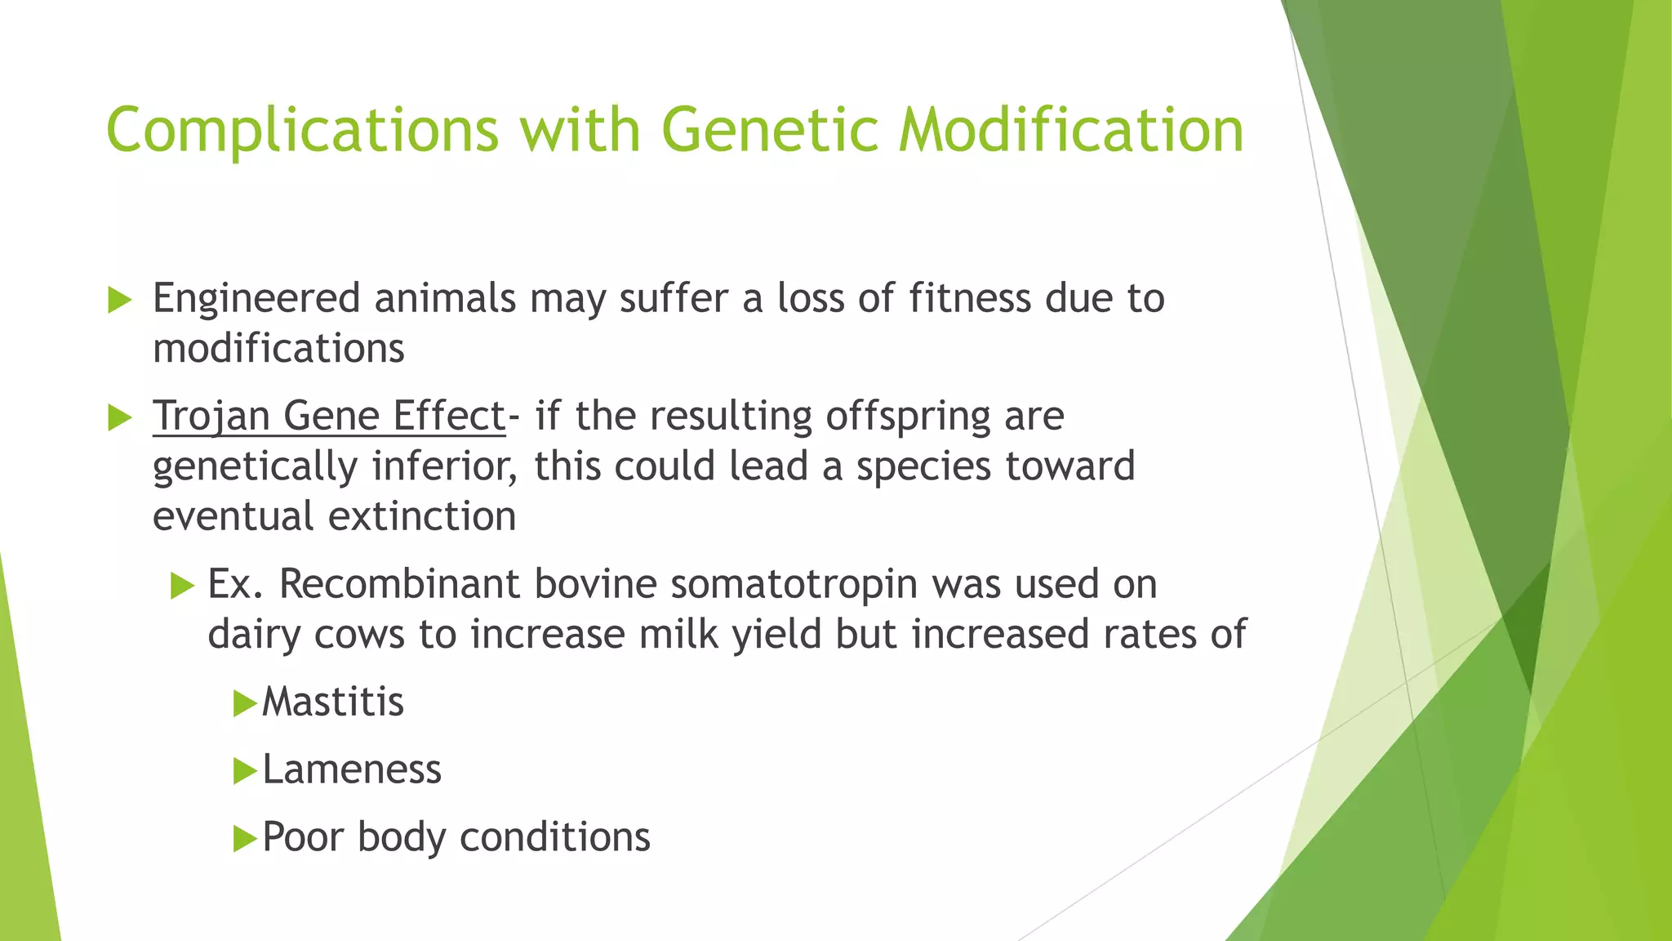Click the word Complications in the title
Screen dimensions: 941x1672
(x=302, y=131)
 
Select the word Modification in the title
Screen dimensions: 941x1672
(x=1070, y=131)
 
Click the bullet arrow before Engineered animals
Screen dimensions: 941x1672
(x=119, y=300)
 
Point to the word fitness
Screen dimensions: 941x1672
(x=970, y=298)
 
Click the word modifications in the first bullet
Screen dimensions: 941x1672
(x=278, y=349)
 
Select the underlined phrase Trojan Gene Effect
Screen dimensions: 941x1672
(x=329, y=416)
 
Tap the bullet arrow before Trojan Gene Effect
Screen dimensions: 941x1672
(x=119, y=418)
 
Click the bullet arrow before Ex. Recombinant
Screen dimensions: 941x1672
(x=183, y=586)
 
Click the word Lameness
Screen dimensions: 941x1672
(x=351, y=769)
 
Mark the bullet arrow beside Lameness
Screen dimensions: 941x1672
(x=244, y=771)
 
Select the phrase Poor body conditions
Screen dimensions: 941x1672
(x=456, y=837)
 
